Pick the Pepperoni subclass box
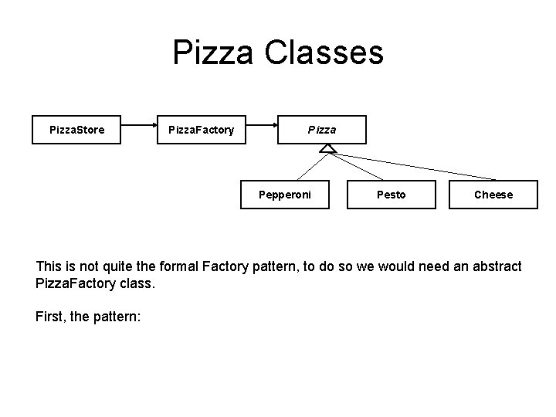[x=285, y=195]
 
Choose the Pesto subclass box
[x=390, y=195]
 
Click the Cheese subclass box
[x=493, y=195]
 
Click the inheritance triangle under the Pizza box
[x=327, y=148]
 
